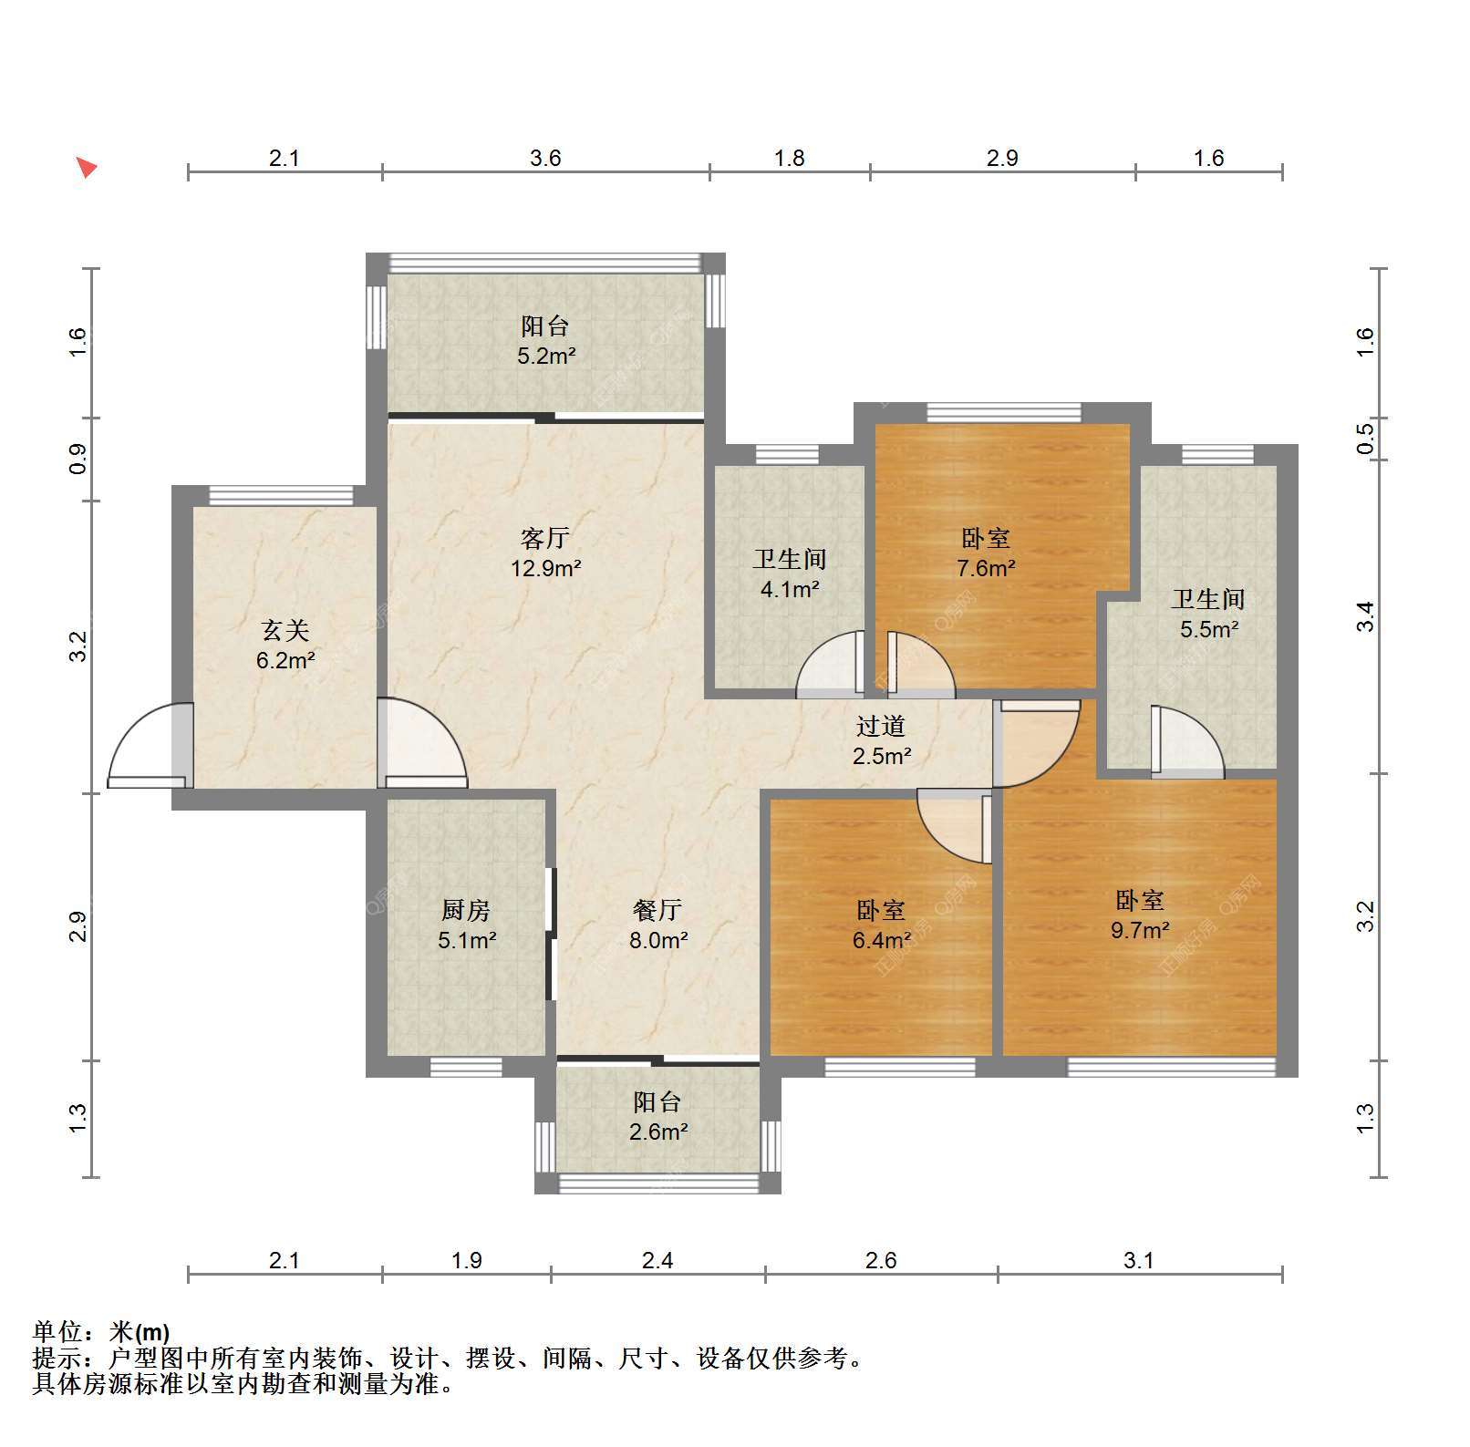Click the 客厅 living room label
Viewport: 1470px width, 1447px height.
(x=545, y=538)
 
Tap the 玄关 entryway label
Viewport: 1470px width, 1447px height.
(x=285, y=630)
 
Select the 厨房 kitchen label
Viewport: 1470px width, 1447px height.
(x=466, y=909)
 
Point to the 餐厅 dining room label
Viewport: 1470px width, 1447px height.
(x=657, y=909)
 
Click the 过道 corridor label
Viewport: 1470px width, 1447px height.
(x=881, y=726)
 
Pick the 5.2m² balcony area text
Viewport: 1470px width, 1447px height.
(x=546, y=356)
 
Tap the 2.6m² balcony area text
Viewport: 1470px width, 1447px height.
(x=658, y=1132)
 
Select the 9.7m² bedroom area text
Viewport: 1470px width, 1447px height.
(x=1141, y=930)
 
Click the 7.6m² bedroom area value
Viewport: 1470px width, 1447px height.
(x=986, y=568)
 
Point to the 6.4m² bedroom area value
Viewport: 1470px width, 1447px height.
(x=882, y=939)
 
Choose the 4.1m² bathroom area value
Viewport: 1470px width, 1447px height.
(x=790, y=589)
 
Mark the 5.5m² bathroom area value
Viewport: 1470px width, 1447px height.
(x=1209, y=629)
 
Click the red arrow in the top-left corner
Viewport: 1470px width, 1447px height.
(x=86, y=168)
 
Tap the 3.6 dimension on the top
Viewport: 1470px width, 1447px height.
(x=545, y=159)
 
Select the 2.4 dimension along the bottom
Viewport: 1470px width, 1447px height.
(x=657, y=1260)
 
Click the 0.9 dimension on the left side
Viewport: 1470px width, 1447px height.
(x=78, y=459)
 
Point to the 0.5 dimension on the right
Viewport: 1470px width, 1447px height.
(x=1365, y=439)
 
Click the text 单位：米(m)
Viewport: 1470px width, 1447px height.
(x=101, y=1332)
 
